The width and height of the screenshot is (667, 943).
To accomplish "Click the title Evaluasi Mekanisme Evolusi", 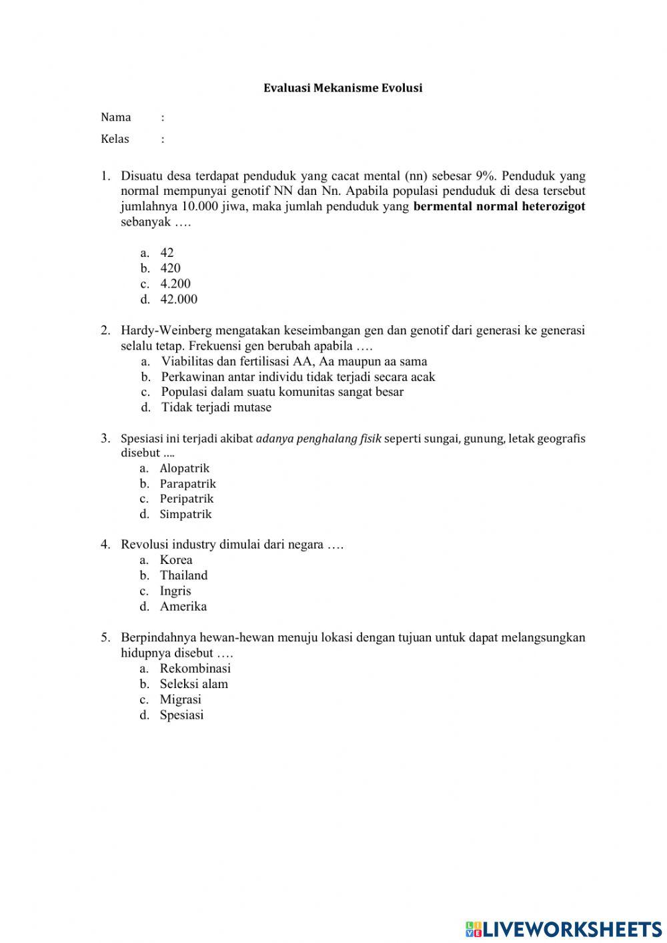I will (343, 88).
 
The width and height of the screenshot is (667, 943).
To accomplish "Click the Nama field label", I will (116, 117).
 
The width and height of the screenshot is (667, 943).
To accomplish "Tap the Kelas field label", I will (115, 139).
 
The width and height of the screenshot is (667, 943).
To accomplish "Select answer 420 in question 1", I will (170, 268).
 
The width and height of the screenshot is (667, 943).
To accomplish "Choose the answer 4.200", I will (175, 284).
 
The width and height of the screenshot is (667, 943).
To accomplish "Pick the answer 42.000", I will (179, 299).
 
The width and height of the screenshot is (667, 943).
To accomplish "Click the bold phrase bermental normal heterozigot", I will (499, 206).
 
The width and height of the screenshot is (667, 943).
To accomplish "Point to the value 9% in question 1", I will (486, 176).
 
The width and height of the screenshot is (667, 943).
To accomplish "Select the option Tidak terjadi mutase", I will (216, 407).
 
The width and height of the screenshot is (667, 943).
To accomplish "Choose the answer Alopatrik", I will (184, 468).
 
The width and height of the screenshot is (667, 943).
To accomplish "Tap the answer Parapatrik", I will (187, 484).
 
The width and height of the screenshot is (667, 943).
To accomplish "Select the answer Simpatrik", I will (185, 514).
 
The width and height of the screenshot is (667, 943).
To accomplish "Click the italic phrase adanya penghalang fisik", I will (318, 438).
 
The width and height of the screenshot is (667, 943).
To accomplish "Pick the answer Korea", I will (176, 560).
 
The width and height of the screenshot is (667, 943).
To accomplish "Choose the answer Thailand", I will (183, 575).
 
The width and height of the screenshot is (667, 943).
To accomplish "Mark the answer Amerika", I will (183, 607).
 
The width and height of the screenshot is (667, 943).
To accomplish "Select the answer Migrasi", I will (180, 699).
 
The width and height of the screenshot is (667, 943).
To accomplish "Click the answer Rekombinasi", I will (195, 668).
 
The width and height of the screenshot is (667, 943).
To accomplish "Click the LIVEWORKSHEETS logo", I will (564, 928).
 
